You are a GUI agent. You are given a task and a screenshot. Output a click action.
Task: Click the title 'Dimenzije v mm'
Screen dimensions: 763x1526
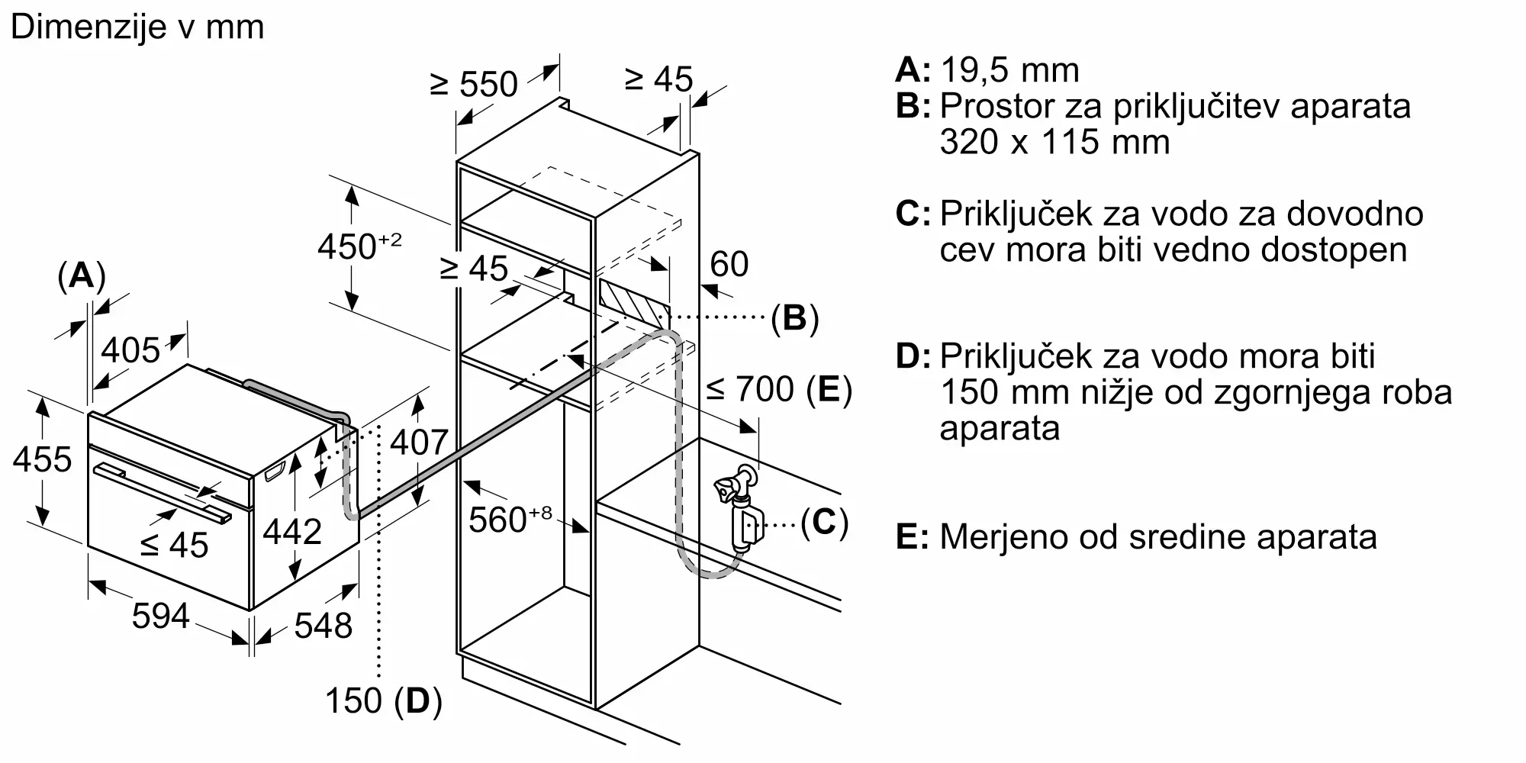[137, 27]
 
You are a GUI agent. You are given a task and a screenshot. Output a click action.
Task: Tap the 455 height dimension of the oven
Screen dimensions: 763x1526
[42, 459]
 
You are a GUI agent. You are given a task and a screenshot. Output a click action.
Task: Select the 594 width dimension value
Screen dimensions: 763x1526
[160, 615]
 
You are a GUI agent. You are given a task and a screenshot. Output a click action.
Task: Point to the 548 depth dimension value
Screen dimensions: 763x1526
[323, 626]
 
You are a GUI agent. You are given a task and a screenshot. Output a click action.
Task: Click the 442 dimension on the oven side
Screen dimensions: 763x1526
[291, 531]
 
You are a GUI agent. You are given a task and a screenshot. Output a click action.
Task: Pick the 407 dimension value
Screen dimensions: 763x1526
[419, 442]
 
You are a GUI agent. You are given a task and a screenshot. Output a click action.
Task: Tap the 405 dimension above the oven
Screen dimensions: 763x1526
[130, 350]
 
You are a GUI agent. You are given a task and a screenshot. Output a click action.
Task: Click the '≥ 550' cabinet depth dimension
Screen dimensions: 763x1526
[474, 84]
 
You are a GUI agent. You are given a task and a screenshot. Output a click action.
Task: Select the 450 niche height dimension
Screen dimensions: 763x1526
[359, 246]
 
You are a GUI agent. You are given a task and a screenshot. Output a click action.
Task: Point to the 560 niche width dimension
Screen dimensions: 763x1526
[509, 519]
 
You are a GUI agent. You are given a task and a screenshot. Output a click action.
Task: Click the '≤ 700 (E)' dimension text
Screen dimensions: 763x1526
[778, 389]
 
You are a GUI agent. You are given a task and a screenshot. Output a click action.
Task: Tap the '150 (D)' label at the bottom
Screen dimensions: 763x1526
[383, 700]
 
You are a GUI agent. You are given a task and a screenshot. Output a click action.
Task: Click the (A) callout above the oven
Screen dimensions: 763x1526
[81, 275]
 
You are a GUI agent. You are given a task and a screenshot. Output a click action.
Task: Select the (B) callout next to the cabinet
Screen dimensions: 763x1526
[794, 317]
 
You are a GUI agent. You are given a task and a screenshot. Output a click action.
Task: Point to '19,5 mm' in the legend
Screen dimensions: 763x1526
[1009, 70]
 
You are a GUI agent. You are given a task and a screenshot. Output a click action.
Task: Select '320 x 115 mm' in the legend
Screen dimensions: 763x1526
[1054, 142]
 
